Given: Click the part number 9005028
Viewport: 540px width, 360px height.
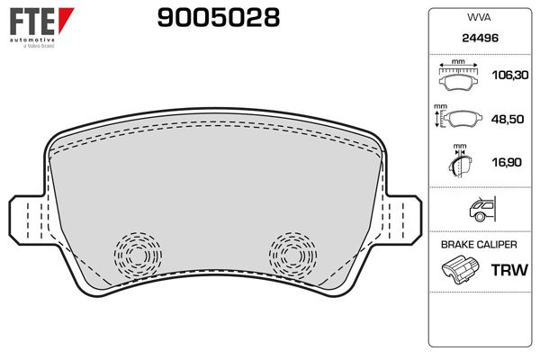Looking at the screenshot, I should (218, 18).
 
